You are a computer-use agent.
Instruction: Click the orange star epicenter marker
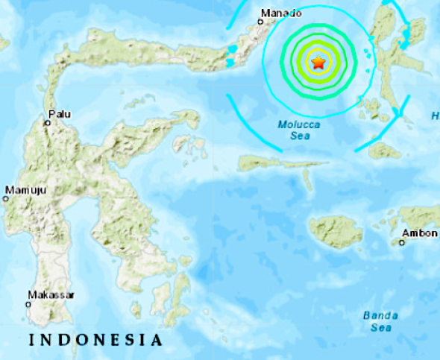pyautogui.click(x=318, y=63)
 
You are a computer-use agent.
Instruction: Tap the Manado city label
pyautogui.click(x=281, y=13)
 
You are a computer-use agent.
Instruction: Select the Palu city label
pyautogui.click(x=60, y=114)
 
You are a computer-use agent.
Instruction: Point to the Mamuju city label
pyautogui.click(x=25, y=191)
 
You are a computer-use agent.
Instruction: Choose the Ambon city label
pyautogui.click(x=419, y=233)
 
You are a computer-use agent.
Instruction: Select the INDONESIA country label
pyautogui.click(x=95, y=341)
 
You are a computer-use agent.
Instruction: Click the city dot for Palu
pyautogui.click(x=47, y=122)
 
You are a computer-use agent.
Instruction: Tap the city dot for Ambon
pyautogui.click(x=401, y=241)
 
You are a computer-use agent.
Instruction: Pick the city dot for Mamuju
pyautogui.click(x=6, y=198)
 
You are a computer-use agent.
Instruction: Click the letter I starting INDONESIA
pyautogui.click(x=31, y=341)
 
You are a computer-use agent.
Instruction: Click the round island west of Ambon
pyautogui.click(x=336, y=233)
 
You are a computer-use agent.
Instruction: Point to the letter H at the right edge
pyautogui.click(x=435, y=115)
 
